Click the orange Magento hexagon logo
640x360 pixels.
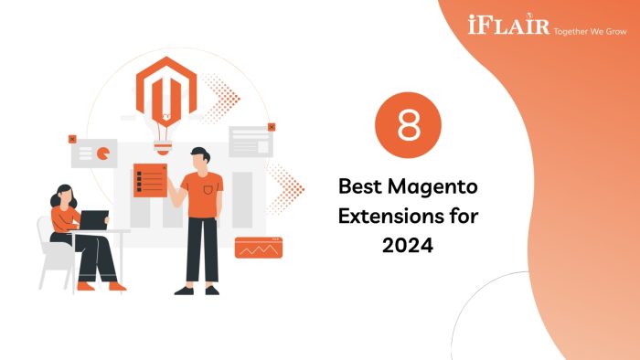166,87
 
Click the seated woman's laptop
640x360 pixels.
94,220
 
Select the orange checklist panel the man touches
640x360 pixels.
149,180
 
